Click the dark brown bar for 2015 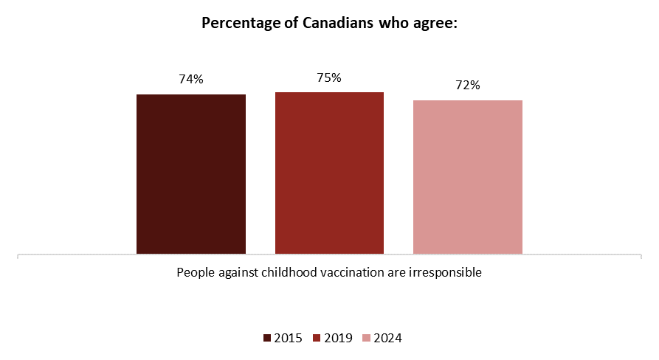(x=191, y=174)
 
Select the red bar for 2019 (x=329, y=173)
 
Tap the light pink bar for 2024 (x=467, y=177)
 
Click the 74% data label (x=190, y=80)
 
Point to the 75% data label (x=329, y=77)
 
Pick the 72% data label (x=467, y=86)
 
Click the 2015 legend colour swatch (x=267, y=339)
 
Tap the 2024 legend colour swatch (x=367, y=339)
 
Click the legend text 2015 (x=287, y=339)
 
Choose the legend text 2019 (x=337, y=339)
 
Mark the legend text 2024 (x=387, y=339)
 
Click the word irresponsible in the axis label (x=446, y=272)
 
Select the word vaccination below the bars (x=356, y=272)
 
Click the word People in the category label (x=193, y=272)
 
